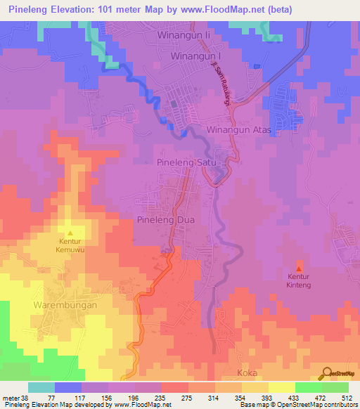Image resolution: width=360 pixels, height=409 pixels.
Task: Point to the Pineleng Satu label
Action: [x=188, y=162]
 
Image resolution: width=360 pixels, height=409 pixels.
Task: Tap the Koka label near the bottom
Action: [x=247, y=372]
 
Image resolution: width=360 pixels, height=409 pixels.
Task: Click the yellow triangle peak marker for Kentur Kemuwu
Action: [x=70, y=233]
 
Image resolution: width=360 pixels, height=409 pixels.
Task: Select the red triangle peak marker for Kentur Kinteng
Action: [x=300, y=269]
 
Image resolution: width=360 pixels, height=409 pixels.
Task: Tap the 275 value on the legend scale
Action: [x=186, y=398]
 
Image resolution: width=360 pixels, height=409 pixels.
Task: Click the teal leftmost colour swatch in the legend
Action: [x=41, y=387]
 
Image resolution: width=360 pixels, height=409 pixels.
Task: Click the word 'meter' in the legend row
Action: [x=10, y=398]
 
